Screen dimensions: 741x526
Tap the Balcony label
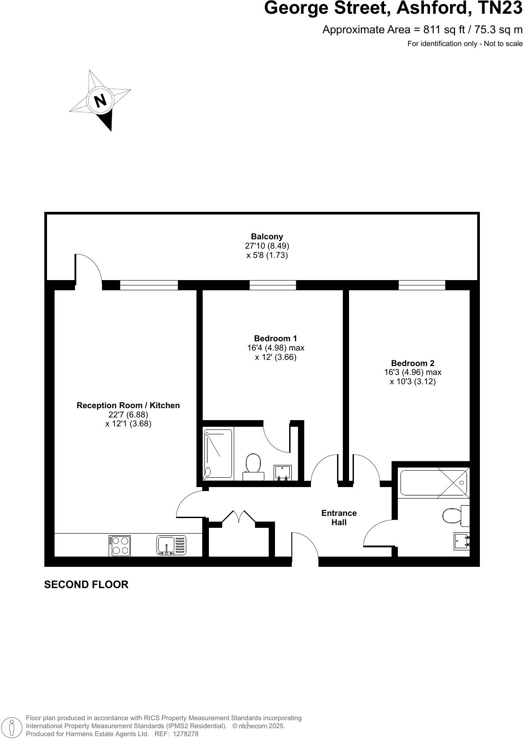tap(267, 237)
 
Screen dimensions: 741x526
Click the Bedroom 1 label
tap(275, 338)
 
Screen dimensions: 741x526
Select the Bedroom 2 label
tap(412, 363)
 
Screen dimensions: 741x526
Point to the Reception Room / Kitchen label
tap(128, 405)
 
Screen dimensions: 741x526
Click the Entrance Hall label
tap(339, 518)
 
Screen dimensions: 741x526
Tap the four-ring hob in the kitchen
tap(119, 546)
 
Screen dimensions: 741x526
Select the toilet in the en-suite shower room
tap(253, 465)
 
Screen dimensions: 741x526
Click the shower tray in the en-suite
tap(218, 454)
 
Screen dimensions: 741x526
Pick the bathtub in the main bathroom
tap(433, 483)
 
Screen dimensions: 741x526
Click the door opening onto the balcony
tap(88, 269)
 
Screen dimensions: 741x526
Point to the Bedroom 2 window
tap(421, 285)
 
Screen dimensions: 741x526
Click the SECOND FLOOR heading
tap(86, 585)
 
